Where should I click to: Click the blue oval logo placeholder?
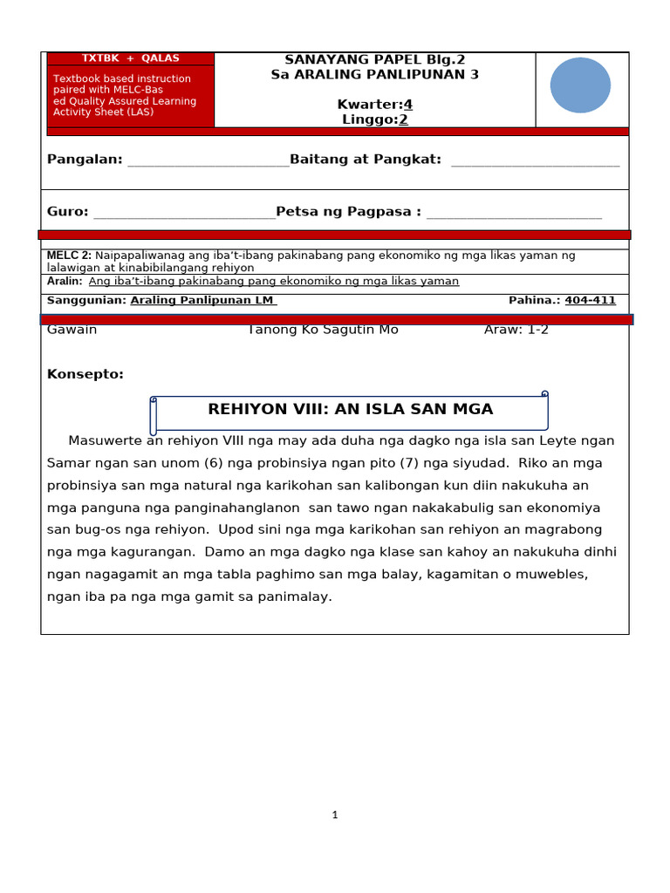580,85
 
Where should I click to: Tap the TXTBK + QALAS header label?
130,58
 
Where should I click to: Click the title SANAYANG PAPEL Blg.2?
375,59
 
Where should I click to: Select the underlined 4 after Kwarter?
407,105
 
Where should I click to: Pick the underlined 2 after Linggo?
403,119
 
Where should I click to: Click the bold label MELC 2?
69,256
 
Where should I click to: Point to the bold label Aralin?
65,282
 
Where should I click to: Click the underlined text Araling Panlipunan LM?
203,301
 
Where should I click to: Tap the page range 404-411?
590,301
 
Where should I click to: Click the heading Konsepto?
85,374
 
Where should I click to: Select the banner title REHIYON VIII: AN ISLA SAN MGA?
350,409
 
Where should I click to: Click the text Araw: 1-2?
516,330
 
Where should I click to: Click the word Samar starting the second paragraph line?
68,463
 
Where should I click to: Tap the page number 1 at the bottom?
334,815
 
